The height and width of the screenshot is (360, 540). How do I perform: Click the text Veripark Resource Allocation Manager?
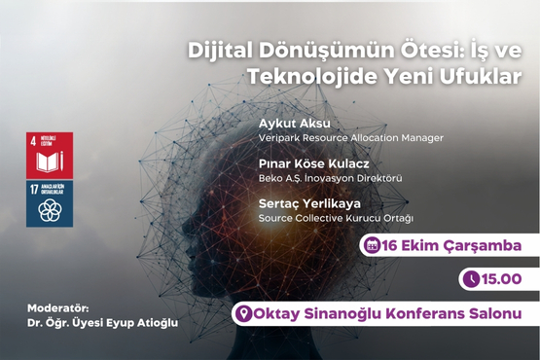point(350,138)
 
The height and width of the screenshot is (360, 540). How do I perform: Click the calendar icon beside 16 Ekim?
point(371,246)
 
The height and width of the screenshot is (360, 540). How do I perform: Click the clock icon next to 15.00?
point(472,279)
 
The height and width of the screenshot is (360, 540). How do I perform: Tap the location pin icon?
point(245,313)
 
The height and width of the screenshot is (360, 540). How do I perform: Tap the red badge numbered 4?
point(49,154)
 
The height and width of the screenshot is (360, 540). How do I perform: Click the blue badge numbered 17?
point(49,203)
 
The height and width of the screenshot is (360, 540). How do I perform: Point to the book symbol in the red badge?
point(49,162)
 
